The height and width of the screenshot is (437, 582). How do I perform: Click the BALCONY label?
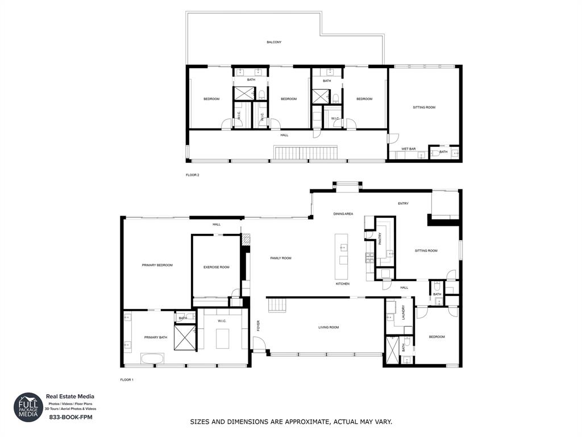click(x=274, y=42)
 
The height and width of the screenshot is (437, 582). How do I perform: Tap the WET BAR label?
click(x=409, y=149)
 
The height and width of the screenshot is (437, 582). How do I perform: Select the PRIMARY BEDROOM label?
click(x=157, y=265)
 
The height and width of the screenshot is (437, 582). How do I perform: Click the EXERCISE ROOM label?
click(x=217, y=267)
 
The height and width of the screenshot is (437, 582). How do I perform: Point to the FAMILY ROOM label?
click(x=280, y=258)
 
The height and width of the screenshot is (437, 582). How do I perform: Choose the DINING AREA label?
click(x=343, y=214)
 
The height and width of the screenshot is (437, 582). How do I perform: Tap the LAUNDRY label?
click(x=404, y=313)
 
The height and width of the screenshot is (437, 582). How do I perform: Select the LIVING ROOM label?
click(x=328, y=327)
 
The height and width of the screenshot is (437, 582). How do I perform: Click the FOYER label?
click(x=258, y=326)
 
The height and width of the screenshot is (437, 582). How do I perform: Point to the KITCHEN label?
click(x=342, y=283)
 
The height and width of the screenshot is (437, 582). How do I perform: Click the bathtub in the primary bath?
click(x=152, y=358)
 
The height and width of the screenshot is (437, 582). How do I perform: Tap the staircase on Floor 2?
click(x=306, y=152)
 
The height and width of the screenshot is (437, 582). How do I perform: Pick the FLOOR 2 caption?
click(x=193, y=175)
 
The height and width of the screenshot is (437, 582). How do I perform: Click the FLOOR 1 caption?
click(x=127, y=380)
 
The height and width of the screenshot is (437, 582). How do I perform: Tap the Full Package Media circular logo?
click(x=28, y=407)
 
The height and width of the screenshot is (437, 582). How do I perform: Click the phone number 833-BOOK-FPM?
click(x=70, y=417)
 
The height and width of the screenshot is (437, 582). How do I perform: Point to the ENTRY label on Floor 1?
click(x=403, y=204)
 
